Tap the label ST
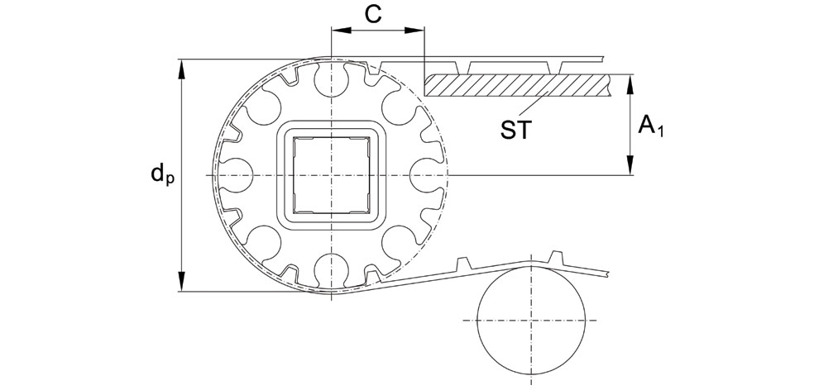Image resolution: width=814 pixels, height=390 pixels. coord(516,130)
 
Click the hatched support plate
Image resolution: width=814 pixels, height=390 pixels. coord(517,84)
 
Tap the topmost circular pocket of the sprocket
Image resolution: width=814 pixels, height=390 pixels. coord(332,80)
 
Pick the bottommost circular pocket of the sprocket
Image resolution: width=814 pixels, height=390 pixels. coord(332,270)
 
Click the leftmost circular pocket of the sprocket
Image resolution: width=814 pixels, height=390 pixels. coord(237,175)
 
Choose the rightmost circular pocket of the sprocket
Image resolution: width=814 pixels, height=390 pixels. coord(427,175)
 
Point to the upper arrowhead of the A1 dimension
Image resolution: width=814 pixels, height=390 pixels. coord(632,81)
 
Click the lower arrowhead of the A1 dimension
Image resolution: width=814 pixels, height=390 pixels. coord(632,169)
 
